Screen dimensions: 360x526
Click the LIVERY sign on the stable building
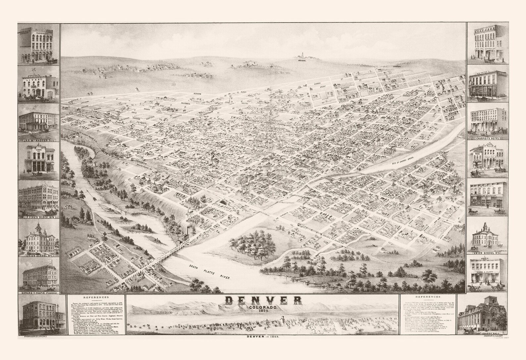(x=37, y=80)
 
